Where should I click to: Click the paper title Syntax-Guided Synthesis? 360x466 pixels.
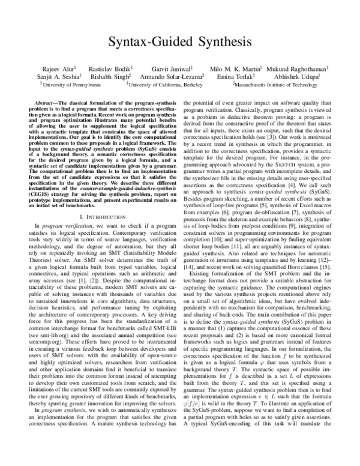click(x=180, y=43)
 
